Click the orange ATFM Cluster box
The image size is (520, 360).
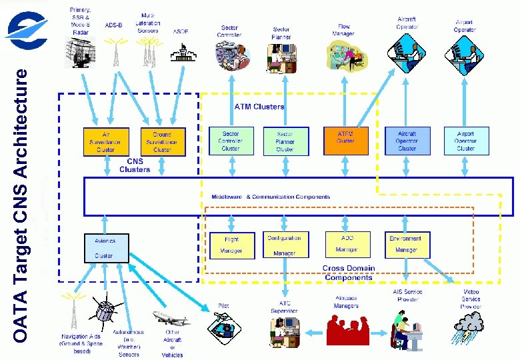(x=345, y=141)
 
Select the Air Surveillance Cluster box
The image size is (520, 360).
(x=105, y=141)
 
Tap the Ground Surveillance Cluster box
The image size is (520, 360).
(x=162, y=141)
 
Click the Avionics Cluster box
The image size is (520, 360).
(x=105, y=247)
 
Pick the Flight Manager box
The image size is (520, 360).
(x=231, y=245)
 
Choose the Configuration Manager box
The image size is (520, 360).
(x=285, y=245)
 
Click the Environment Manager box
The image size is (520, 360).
(x=407, y=245)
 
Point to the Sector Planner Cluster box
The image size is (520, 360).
(x=285, y=141)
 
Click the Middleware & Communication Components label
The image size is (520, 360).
(x=270, y=197)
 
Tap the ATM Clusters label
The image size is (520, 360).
(x=259, y=107)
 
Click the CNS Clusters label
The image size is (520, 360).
(x=134, y=165)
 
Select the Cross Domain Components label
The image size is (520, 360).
(x=349, y=273)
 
